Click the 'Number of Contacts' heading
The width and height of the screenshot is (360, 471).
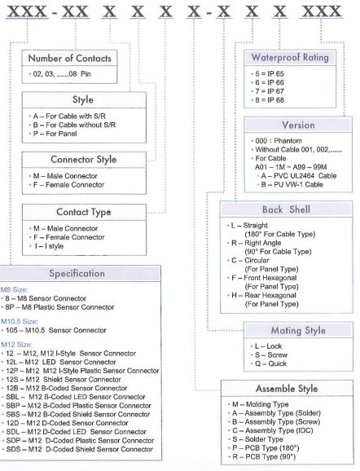tap(70, 59)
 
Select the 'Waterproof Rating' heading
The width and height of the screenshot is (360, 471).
tap(290, 57)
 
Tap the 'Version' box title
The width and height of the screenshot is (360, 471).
tap(298, 125)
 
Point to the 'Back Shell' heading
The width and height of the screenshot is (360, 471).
tap(286, 209)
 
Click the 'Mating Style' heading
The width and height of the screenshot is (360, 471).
tap(298, 331)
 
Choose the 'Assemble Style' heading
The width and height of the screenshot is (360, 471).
tap(287, 389)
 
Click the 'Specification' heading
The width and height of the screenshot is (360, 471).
tap(77, 274)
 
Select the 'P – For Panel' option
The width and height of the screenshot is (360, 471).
tap(55, 134)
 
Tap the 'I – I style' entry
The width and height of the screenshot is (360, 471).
tap(49, 246)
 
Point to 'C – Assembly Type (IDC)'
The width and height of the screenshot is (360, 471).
tap(273, 431)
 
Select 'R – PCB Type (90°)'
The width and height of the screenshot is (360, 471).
tap(264, 457)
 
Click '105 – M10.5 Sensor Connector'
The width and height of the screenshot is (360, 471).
tap(56, 330)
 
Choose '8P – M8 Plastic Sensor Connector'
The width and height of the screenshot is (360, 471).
tap(59, 307)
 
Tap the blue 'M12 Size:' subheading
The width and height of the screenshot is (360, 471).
tap(17, 345)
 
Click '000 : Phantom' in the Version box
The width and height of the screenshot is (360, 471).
tap(279, 141)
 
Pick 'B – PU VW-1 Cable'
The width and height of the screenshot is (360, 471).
tap(292, 184)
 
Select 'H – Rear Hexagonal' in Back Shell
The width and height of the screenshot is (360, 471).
tap(264, 296)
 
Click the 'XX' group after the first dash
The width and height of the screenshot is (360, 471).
tap(75, 11)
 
